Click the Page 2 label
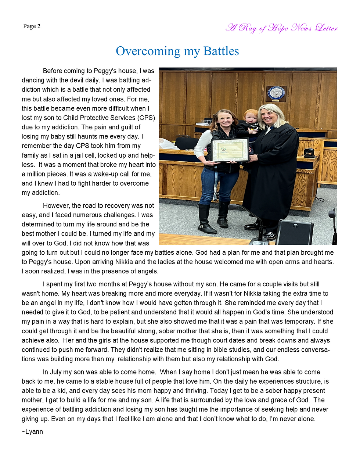[x=32, y=26]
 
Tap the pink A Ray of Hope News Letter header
[x=281, y=28]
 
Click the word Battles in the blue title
[x=221, y=51]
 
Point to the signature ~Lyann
[x=32, y=432]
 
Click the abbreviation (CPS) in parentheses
[x=146, y=118]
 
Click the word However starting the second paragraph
[x=56, y=206]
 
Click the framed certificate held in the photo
[x=230, y=151]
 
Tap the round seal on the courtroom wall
[x=276, y=93]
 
